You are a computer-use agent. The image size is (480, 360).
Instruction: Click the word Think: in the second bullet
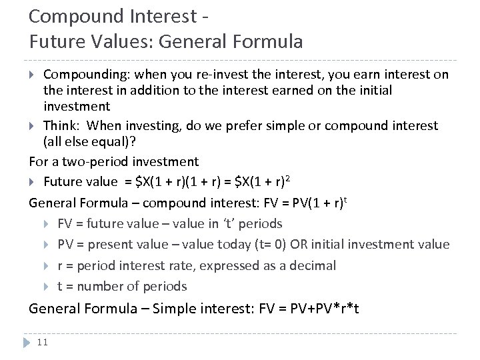61,126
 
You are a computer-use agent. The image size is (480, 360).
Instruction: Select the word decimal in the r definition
313,265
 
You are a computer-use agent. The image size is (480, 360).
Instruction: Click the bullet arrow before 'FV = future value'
48,223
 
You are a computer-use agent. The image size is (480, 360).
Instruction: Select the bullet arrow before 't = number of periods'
48,286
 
